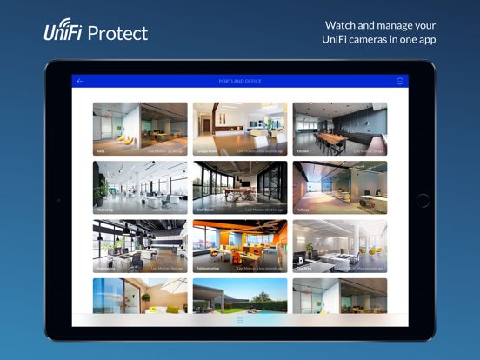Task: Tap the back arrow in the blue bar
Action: tap(80, 81)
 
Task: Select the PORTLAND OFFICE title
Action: tap(239, 81)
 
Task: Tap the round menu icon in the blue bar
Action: tap(400, 81)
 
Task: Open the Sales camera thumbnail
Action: tap(140, 128)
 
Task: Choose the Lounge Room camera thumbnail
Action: tap(240, 128)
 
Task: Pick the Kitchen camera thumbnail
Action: tap(340, 128)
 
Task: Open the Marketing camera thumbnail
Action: tap(140, 186)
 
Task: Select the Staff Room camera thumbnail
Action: tap(240, 186)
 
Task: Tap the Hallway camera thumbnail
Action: tap(340, 186)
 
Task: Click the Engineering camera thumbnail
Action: tap(140, 244)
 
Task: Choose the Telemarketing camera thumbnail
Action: tap(240, 244)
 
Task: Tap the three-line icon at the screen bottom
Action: tap(240, 320)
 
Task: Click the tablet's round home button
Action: tap(423, 200)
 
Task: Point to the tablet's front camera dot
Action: tap(57, 200)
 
